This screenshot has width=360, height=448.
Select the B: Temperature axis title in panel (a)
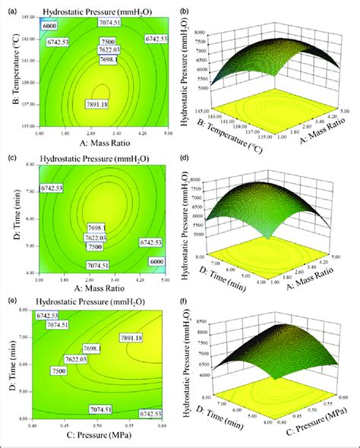(7, 73)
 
